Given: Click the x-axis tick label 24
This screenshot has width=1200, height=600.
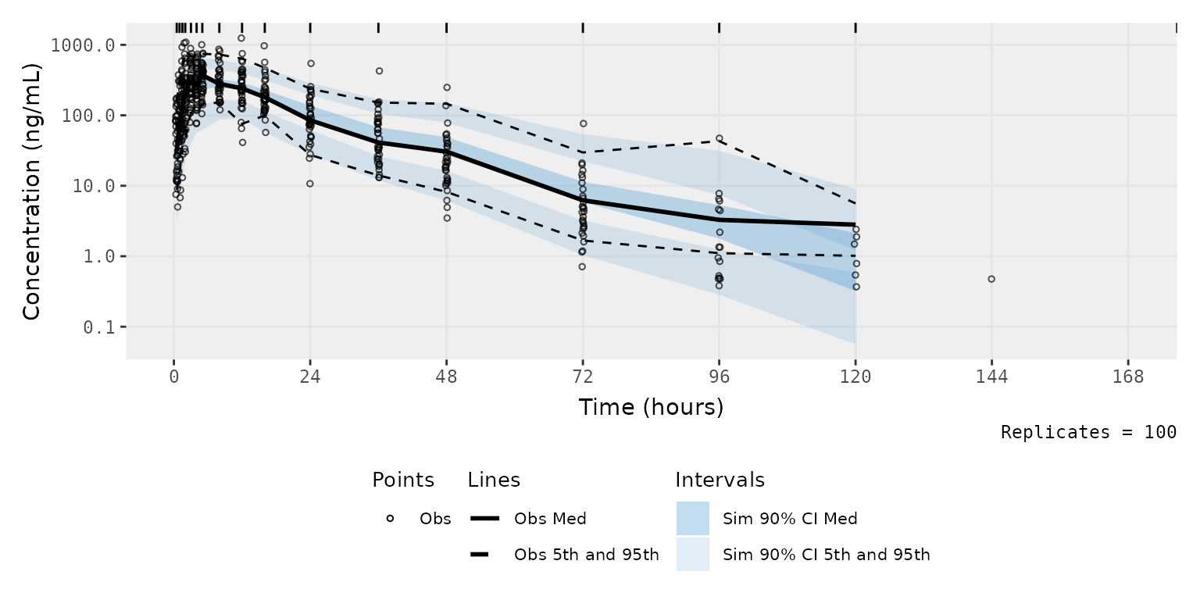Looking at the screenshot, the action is tap(310, 377).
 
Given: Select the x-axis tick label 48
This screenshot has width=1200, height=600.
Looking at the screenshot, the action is tap(447, 377).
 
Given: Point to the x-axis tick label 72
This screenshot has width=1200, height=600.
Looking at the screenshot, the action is tap(583, 377).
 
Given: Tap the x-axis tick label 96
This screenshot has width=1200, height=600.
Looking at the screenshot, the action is tap(719, 377).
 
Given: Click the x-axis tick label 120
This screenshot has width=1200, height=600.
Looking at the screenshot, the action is tap(855, 377).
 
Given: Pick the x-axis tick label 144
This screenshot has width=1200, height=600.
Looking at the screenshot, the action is tap(991, 377).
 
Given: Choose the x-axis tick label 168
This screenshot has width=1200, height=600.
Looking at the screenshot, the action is tap(1128, 377).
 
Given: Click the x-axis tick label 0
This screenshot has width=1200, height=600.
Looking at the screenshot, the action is tap(174, 377).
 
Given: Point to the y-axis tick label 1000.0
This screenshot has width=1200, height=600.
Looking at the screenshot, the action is tap(83, 45).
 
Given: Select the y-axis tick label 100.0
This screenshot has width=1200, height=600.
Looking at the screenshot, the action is tap(88, 116).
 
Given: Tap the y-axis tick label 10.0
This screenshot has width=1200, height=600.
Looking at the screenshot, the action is tap(94, 187).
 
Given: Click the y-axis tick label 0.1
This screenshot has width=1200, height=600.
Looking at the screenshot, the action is tap(99, 327).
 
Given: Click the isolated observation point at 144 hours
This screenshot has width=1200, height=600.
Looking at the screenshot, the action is tap(991, 279).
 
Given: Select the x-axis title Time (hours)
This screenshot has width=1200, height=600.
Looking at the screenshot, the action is tap(652, 407).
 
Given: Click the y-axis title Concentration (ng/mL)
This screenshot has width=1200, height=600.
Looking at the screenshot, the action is tap(31, 191).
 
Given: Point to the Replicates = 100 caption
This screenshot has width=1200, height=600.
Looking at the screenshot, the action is tap(1088, 432).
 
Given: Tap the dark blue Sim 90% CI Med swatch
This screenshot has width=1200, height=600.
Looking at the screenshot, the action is tap(693, 519).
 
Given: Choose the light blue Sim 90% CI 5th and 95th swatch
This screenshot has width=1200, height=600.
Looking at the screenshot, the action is tap(693, 555).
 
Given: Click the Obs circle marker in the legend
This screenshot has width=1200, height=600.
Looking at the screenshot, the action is tap(390, 519).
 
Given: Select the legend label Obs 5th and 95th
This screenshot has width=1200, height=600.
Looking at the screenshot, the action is tap(587, 555).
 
